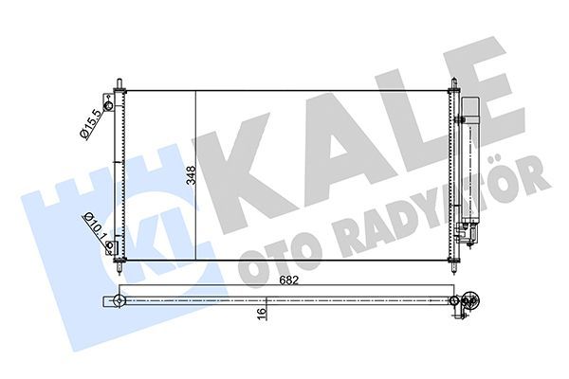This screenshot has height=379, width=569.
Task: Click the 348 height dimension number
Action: click(192, 174)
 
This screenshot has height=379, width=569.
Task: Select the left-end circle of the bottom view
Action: click(120, 301)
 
